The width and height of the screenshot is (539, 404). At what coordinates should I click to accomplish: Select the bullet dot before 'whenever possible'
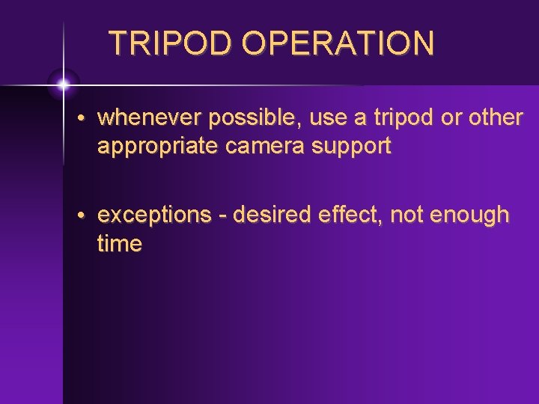tap(88, 118)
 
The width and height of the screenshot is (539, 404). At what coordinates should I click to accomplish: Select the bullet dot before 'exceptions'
tap(88, 216)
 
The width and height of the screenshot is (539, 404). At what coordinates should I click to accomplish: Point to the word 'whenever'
tap(150, 117)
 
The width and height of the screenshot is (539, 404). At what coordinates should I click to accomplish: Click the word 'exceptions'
tap(155, 215)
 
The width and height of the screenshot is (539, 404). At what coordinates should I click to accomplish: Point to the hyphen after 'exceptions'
tap(223, 216)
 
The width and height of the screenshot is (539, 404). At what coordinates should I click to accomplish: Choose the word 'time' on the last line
tap(120, 244)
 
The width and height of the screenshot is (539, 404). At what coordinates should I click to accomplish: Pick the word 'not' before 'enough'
tap(407, 215)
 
